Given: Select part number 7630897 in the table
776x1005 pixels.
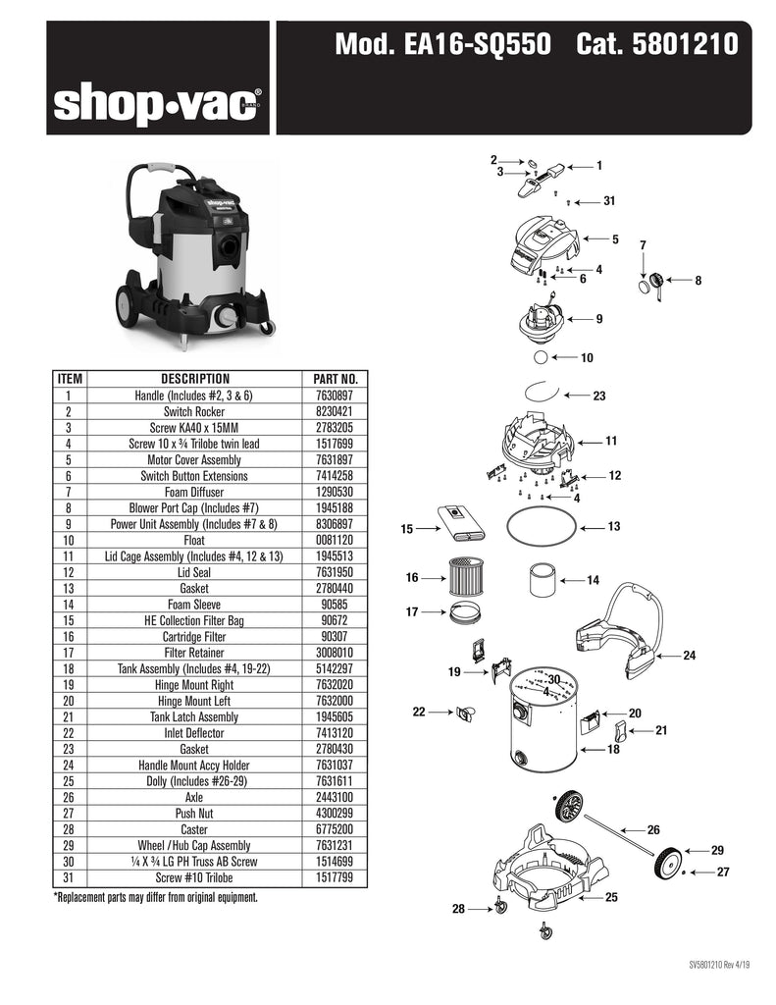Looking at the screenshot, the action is click(334, 396).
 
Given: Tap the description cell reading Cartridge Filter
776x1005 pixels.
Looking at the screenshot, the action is click(194, 636).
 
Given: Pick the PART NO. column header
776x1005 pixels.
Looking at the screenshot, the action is click(336, 379).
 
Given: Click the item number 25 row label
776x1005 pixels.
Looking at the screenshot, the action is click(69, 781).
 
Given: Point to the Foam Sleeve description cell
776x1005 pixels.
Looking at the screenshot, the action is click(194, 605).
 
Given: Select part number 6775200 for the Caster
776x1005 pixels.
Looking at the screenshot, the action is click(334, 829).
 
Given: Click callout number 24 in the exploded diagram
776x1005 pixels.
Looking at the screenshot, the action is click(689, 655).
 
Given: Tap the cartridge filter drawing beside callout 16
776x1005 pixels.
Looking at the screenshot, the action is click(465, 576).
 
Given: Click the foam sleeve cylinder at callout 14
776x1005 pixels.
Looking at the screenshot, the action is click(542, 580).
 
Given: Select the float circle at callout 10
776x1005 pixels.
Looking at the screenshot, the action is click(541, 357).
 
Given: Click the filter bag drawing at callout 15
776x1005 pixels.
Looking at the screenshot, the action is click(461, 524).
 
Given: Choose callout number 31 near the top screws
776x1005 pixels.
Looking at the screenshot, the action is click(609, 201).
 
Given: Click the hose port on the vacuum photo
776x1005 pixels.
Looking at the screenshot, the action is click(230, 246).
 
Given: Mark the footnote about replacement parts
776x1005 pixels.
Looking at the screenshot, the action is click(156, 897).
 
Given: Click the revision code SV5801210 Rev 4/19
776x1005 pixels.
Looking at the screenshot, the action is click(719, 965).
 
